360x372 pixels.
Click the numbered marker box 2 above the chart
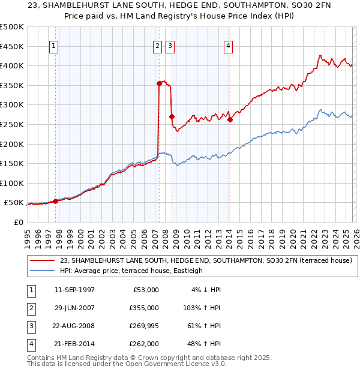coord(158,46)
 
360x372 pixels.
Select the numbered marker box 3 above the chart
coord(170,46)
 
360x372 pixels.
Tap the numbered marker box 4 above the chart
coord(229,46)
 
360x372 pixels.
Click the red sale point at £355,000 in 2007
coord(159,84)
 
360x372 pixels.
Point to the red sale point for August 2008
coord(172,117)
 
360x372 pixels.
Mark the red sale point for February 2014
coord(230,120)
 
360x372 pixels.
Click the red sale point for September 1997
coord(55,202)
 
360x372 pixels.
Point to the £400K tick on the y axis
coord(12,65)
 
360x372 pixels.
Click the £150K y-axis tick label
coord(12,163)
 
